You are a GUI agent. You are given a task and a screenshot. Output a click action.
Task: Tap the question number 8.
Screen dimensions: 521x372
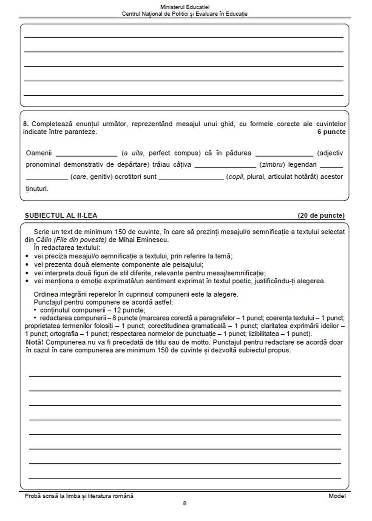point(25,124)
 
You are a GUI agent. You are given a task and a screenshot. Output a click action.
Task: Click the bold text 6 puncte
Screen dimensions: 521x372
point(332,132)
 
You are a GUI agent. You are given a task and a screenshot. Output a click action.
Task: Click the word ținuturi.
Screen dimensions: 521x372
point(37,189)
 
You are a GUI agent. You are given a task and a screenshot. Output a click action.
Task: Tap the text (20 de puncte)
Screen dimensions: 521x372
point(321,215)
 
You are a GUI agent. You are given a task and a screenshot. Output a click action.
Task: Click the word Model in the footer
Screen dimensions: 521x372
point(337,496)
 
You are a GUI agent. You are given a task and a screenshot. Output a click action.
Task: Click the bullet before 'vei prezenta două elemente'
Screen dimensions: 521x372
point(27,264)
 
